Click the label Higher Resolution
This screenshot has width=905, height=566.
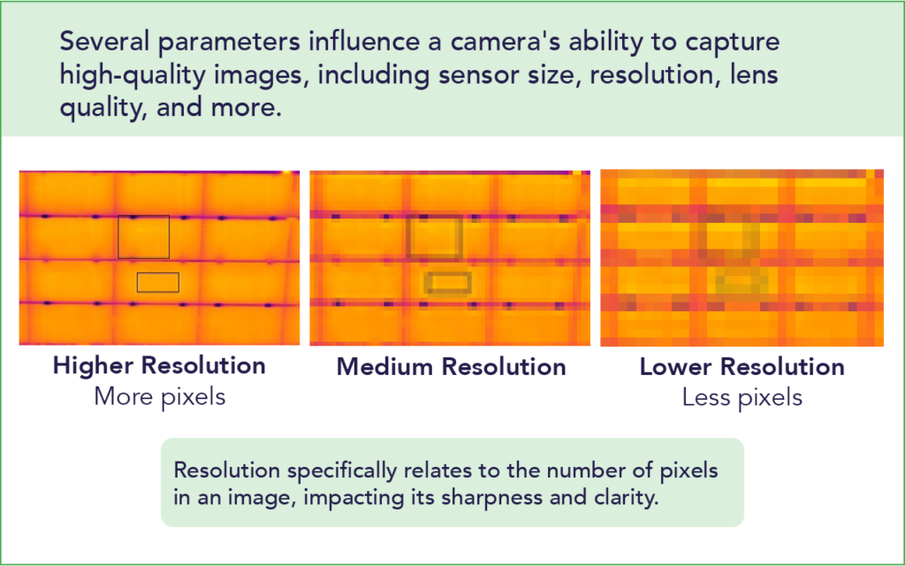click(159, 366)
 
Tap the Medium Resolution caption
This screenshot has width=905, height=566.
click(451, 367)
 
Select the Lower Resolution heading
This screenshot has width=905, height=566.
click(741, 367)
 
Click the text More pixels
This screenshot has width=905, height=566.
click(159, 397)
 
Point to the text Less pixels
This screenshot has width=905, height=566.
click(741, 398)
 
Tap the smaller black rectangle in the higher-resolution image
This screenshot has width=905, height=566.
click(158, 282)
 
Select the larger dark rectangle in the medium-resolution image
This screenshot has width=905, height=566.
click(434, 237)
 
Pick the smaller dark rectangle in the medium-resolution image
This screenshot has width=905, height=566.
click(448, 282)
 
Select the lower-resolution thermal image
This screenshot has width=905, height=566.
click(741, 257)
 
